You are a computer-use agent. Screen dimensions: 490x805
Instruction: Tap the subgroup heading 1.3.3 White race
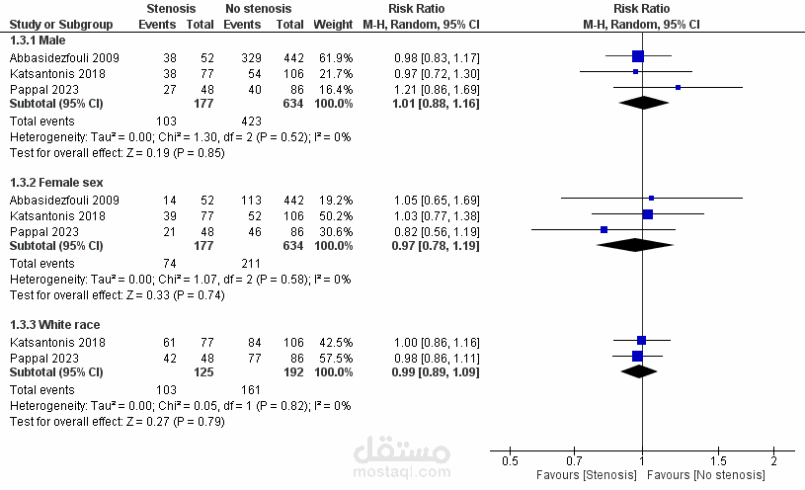pyautogui.click(x=54, y=325)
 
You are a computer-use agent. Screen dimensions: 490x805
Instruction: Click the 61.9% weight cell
pyautogui.click(x=336, y=57)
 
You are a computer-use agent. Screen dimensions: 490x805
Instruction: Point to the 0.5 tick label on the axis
pyautogui.click(x=510, y=461)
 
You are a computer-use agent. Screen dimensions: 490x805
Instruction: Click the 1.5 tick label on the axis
pyautogui.click(x=719, y=461)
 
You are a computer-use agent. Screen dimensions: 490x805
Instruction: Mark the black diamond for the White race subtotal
pyautogui.click(x=639, y=371)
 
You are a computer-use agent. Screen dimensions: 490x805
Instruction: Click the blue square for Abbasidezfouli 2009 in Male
pyautogui.click(x=637, y=57)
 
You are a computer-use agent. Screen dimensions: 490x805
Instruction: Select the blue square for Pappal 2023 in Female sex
pyautogui.click(x=604, y=229)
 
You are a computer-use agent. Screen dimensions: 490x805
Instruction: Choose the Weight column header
pyautogui.click(x=331, y=23)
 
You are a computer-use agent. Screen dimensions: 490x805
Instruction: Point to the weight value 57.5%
pyautogui.click(x=336, y=357)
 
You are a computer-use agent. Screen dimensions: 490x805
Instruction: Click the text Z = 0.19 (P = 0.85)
pyautogui.click(x=163, y=152)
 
